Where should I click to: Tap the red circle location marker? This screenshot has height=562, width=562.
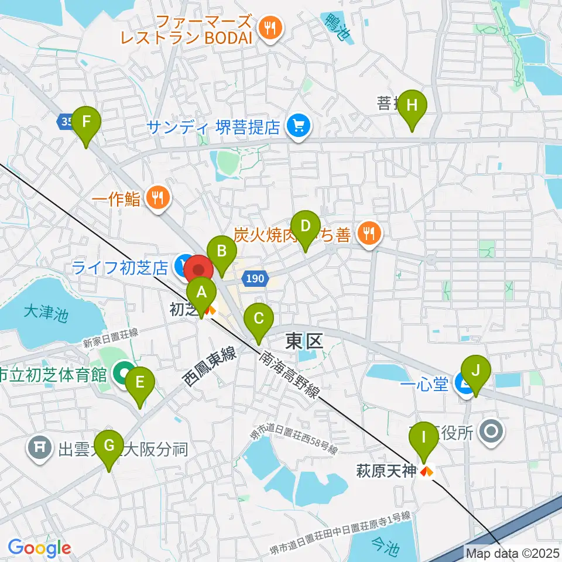point(200,270)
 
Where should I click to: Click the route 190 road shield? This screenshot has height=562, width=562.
point(255,279)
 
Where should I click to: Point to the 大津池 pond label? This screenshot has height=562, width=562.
point(46,313)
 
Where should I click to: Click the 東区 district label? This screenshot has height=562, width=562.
point(304,341)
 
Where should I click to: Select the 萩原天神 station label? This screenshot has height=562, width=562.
point(386,471)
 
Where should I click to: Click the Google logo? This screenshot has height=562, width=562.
point(39,548)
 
